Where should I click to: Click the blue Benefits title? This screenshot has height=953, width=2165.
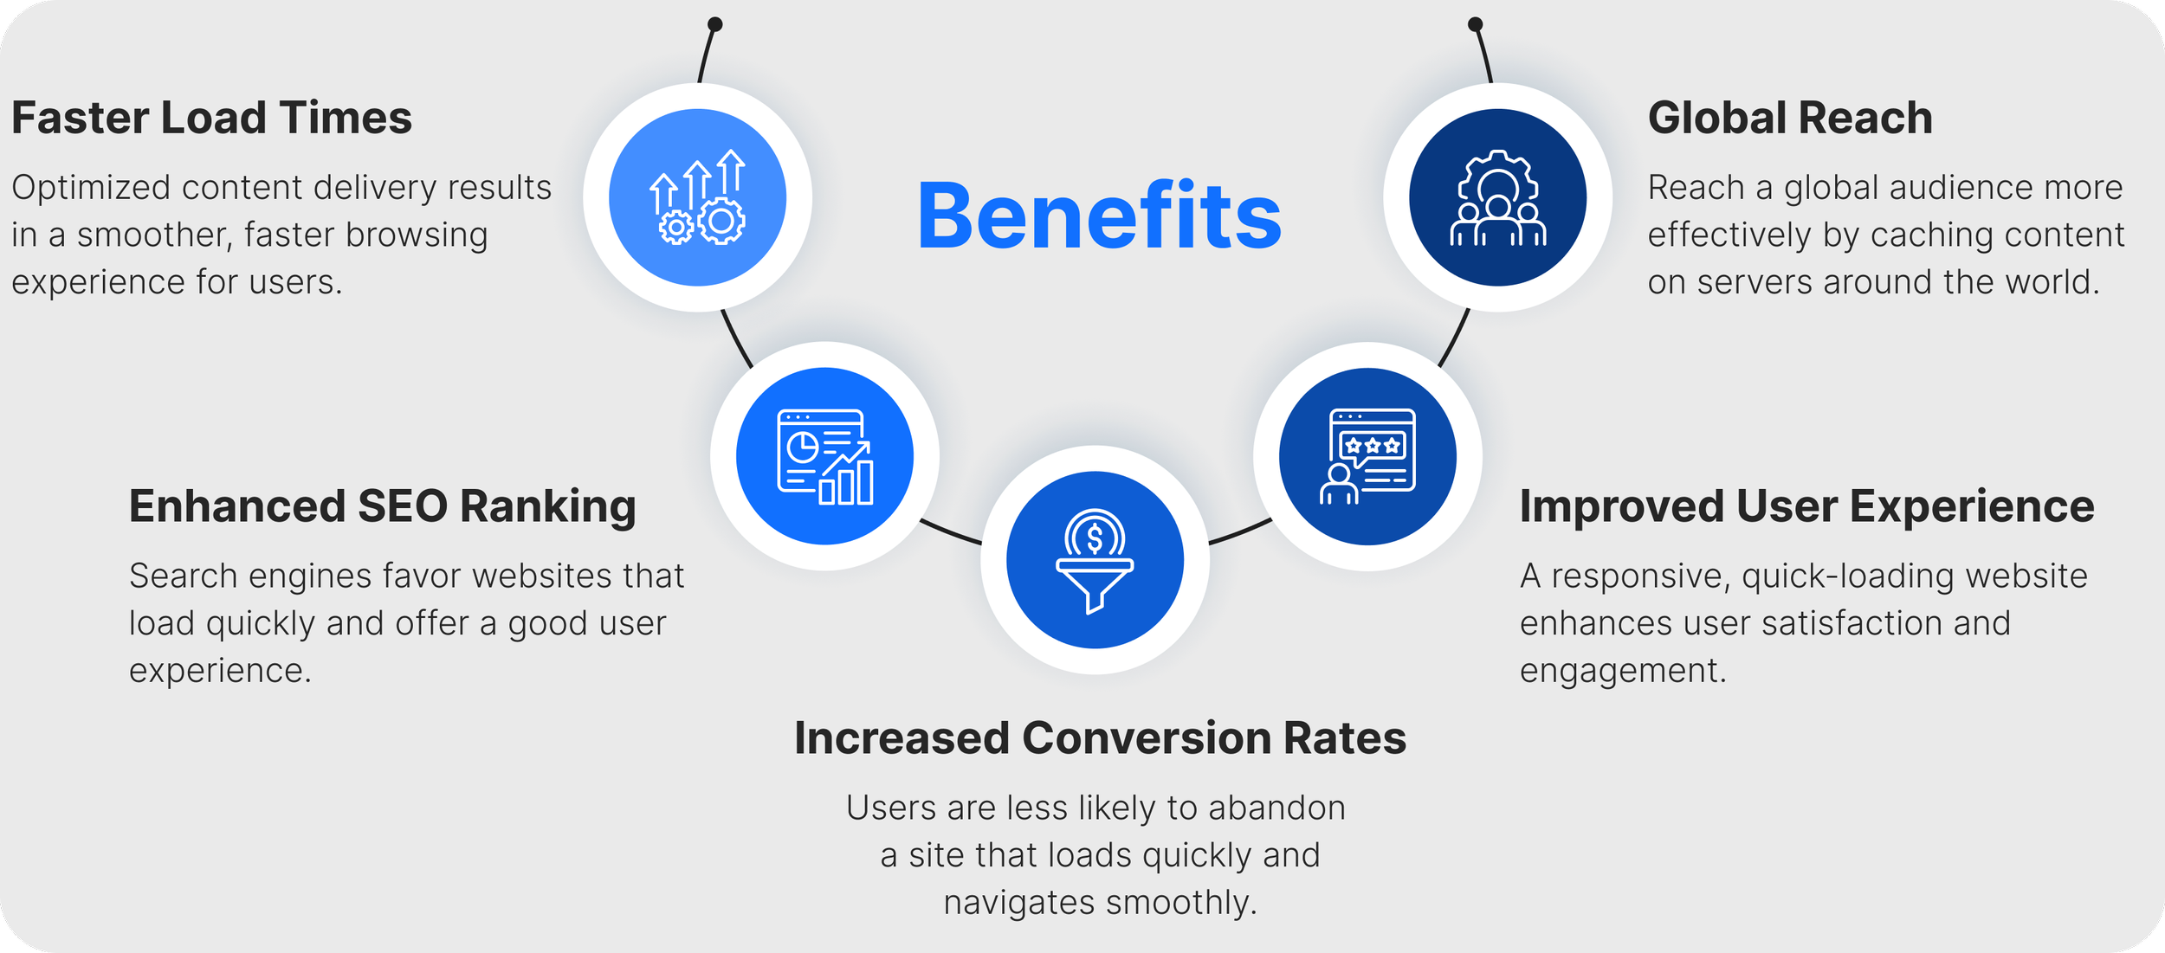point(1099,216)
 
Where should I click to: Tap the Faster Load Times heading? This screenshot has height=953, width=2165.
point(211,118)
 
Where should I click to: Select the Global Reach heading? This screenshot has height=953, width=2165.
point(1789,118)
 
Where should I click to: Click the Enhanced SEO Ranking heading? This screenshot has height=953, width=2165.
point(382,506)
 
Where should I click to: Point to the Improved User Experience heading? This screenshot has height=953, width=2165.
point(1806,506)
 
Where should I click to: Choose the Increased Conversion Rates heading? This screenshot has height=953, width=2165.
point(1100,738)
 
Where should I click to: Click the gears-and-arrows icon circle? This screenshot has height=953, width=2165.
point(697,197)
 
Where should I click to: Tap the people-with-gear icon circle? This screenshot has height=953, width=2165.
point(1497,197)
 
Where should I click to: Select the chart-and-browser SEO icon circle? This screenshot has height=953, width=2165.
point(824,456)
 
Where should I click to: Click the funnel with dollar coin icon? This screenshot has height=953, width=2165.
point(1095,561)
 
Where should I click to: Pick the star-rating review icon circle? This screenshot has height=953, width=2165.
point(1367,456)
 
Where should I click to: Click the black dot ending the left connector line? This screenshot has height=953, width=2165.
point(714,24)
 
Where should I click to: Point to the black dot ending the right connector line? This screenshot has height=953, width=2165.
point(1476,24)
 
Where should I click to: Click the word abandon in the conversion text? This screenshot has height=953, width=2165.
point(1276,808)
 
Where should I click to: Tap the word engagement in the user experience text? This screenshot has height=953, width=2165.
point(1622,671)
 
